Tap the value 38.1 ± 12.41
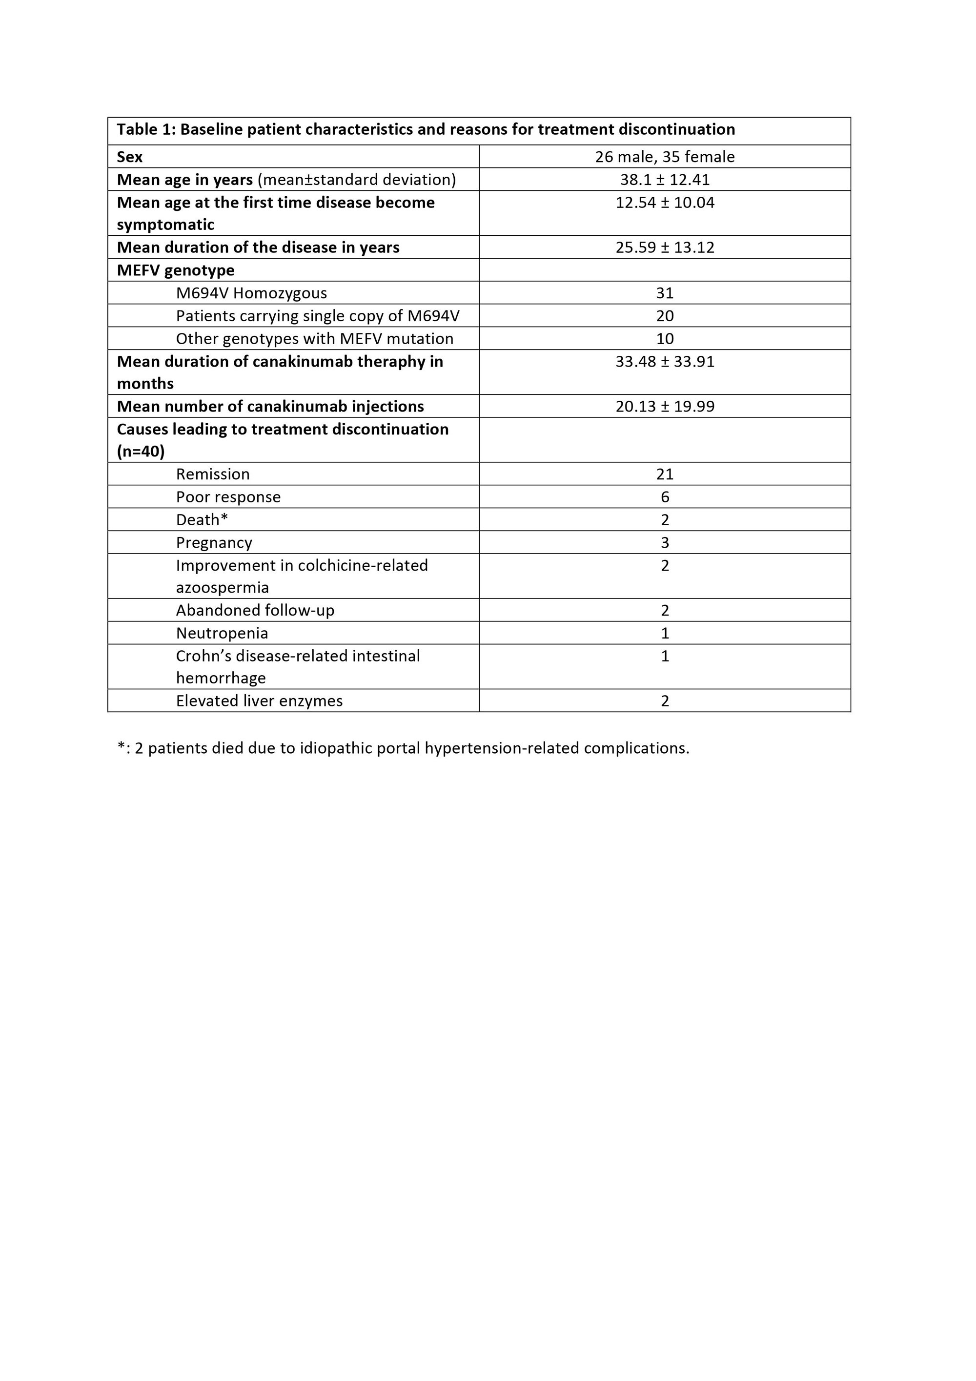point(665,179)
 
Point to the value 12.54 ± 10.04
point(665,202)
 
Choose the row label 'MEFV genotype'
point(176,270)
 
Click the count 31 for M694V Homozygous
point(665,293)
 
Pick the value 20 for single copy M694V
point(665,316)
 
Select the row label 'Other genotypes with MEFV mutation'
point(314,339)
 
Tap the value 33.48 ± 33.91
point(665,362)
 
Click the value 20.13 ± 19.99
point(665,406)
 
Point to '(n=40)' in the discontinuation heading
point(141,451)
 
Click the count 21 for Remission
point(665,474)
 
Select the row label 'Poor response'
point(228,497)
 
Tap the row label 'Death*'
point(202,520)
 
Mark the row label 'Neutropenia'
point(222,633)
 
